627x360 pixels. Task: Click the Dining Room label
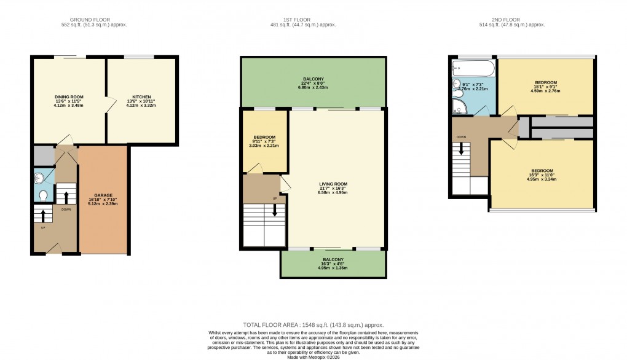click(69, 96)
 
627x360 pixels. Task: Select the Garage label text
click(103, 195)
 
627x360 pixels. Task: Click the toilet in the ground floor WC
click(43, 196)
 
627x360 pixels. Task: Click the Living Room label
click(333, 184)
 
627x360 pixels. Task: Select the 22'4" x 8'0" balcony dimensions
click(313, 84)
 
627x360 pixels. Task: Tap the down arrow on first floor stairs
click(275, 211)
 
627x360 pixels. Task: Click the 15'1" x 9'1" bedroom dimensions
click(545, 87)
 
